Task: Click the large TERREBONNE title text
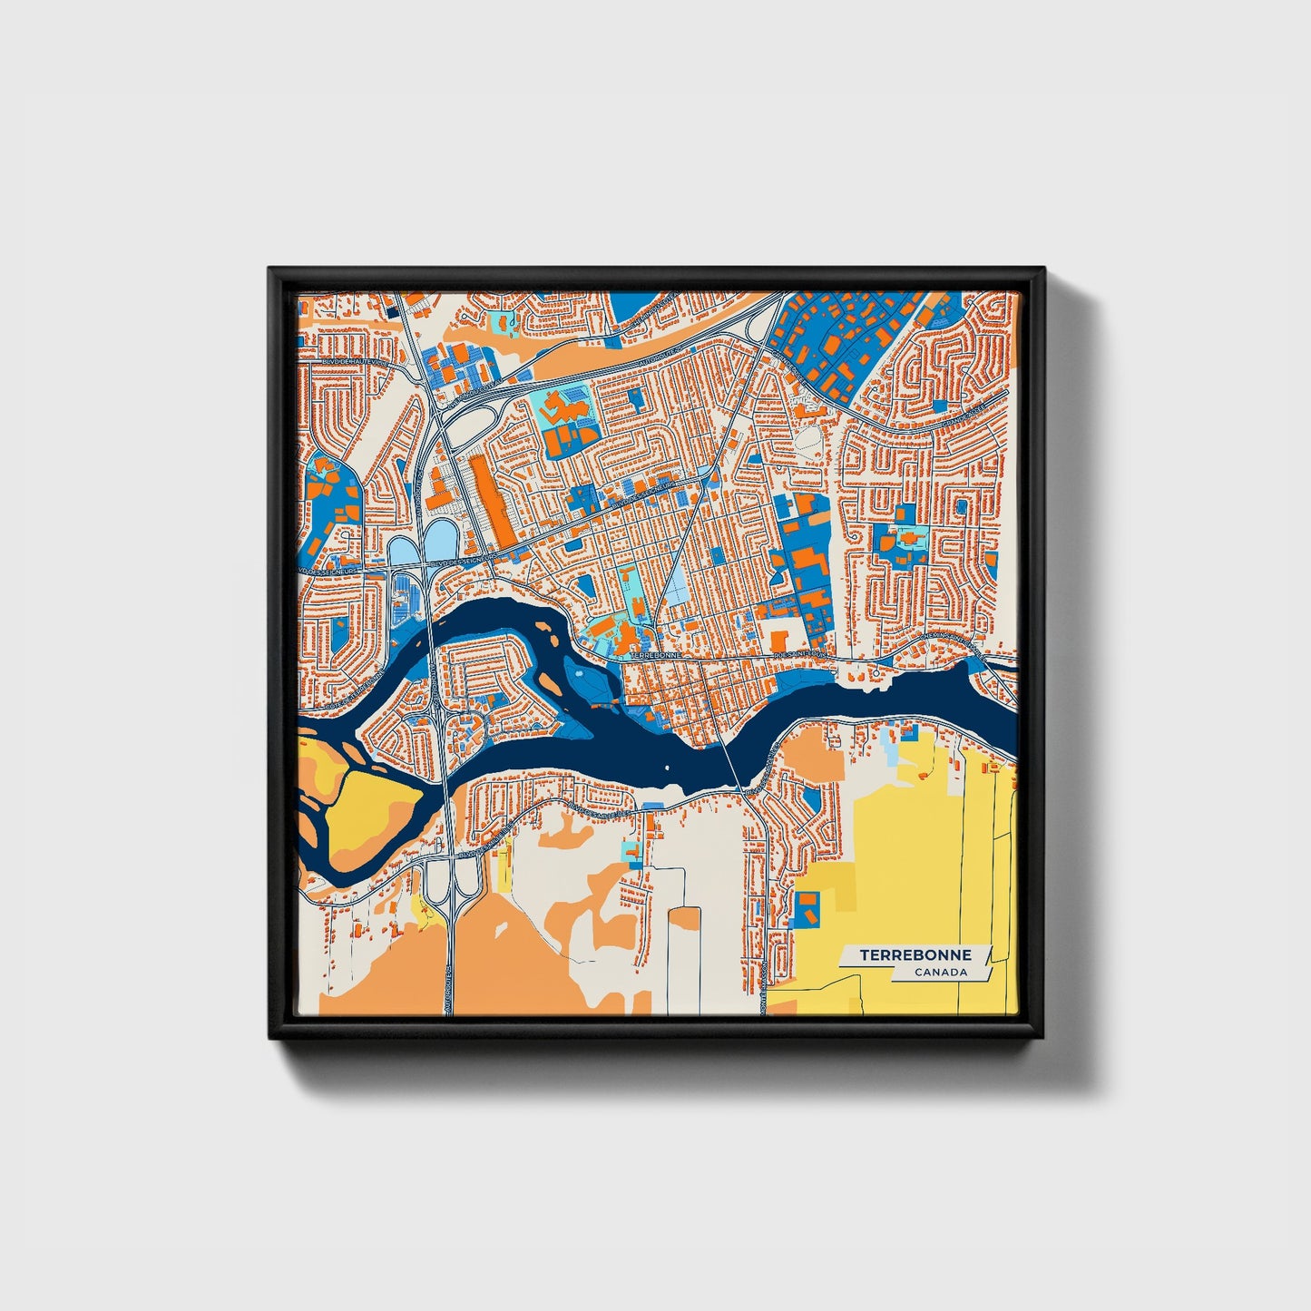click(915, 955)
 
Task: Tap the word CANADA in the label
click(940, 973)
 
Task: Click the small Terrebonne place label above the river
click(654, 654)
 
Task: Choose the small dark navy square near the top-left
click(393, 312)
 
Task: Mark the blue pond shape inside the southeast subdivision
click(811, 798)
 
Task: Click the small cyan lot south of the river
click(628, 853)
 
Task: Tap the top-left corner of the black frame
click(270, 269)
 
